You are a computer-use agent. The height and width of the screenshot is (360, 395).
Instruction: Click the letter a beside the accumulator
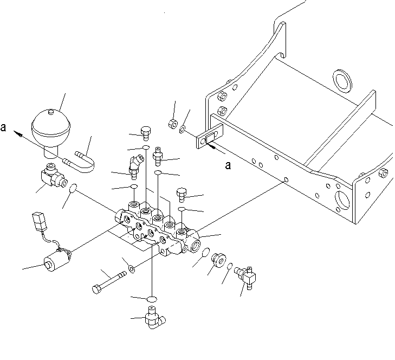3,127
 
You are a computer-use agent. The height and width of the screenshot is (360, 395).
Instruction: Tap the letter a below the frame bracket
228,165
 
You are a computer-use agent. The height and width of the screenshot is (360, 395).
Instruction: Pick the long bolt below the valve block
109,282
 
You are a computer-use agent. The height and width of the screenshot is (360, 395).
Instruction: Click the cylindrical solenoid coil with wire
57,260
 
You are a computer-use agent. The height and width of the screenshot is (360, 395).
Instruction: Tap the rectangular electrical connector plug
40,221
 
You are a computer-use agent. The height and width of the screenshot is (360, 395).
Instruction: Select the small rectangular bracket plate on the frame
210,136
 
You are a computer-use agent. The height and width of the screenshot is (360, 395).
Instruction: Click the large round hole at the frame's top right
342,80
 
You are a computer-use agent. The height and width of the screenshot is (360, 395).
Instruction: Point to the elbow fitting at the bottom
154,318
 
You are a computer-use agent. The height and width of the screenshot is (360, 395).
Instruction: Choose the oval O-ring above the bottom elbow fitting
152,299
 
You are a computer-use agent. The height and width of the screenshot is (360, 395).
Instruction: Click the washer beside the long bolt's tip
132,269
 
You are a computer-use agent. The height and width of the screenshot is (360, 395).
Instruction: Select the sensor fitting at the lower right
246,277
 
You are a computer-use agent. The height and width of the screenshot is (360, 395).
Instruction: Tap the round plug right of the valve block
218,260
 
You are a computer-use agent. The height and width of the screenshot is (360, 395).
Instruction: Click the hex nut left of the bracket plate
173,124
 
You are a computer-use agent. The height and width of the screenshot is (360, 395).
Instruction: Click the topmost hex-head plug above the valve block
146,133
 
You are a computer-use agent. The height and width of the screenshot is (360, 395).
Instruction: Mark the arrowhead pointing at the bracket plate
211,146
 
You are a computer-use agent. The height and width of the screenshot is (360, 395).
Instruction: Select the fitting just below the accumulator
54,175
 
